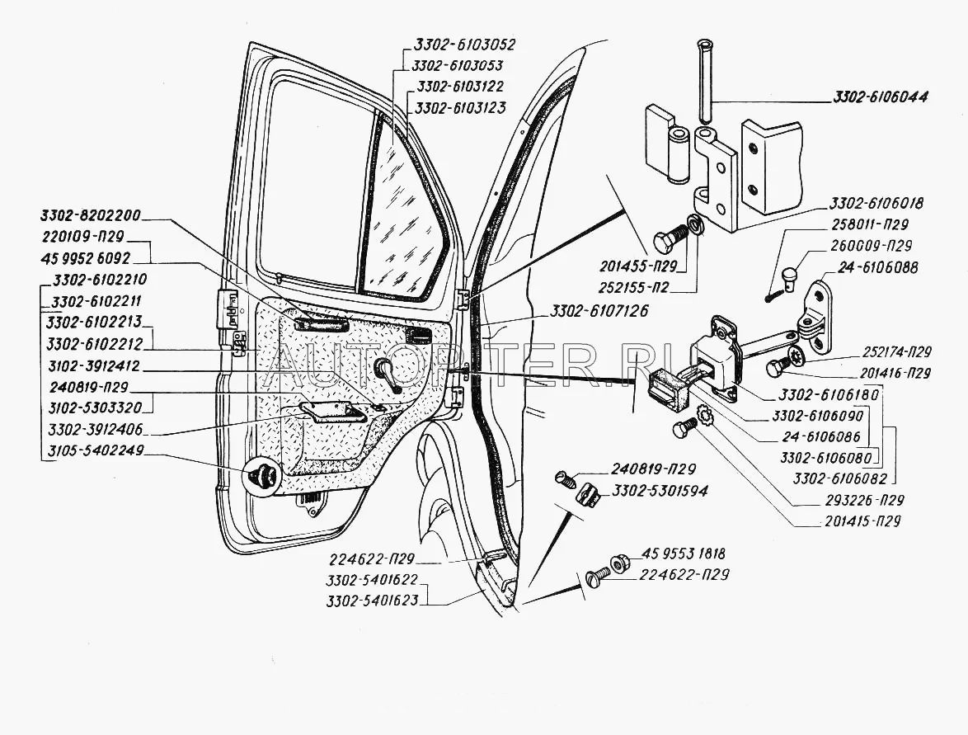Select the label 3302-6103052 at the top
(x=461, y=45)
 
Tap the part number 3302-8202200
(x=92, y=217)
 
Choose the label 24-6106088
(x=876, y=267)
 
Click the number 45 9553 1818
(x=684, y=554)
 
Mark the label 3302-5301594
(x=660, y=492)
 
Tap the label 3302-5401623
(x=372, y=601)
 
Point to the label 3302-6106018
(x=876, y=203)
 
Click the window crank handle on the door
(x=387, y=375)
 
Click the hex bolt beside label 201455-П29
(x=665, y=241)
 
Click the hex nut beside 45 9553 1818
(x=618, y=564)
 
